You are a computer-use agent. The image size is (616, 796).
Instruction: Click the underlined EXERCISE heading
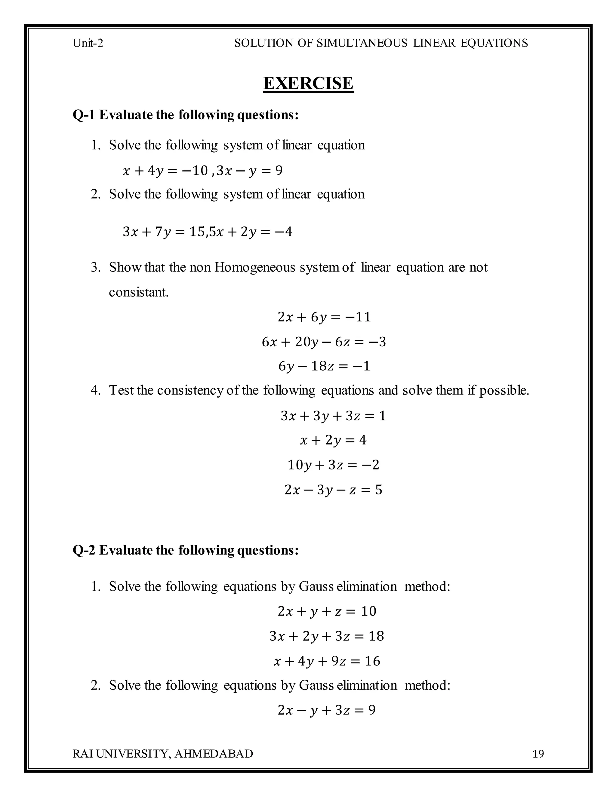coord(308,84)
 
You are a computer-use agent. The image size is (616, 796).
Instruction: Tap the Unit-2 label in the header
coord(88,43)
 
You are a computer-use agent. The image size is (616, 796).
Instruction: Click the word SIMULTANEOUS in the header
coord(362,43)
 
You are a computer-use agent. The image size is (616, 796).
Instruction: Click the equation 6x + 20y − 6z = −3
coord(324,342)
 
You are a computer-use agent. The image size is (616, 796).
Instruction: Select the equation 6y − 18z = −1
coord(324,366)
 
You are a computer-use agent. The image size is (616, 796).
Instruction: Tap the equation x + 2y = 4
coord(333,440)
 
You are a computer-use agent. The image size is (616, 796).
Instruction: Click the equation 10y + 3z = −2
coord(333,465)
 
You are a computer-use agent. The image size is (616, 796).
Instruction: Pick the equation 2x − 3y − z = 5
coord(333,490)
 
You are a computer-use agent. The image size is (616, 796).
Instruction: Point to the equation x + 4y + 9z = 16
coord(327,661)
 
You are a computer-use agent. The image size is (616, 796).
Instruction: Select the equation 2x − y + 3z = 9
coord(327,710)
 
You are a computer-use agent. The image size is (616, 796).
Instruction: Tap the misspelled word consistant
coord(139,292)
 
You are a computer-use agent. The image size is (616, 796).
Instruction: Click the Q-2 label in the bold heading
coord(84,550)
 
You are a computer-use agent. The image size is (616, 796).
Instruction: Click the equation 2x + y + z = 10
coord(327,612)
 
